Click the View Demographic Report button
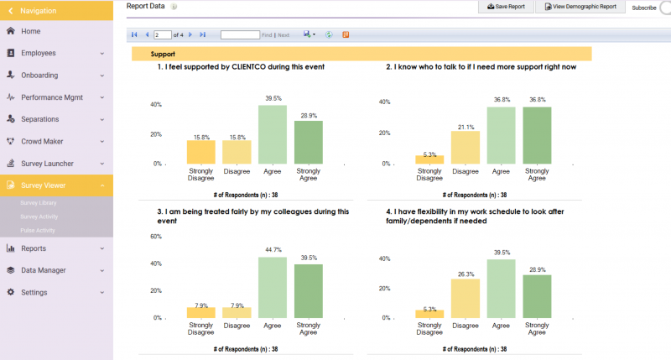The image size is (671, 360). (x=580, y=7)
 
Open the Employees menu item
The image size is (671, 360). (x=39, y=53)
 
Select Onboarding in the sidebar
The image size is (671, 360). (x=39, y=75)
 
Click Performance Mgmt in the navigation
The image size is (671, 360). (x=53, y=97)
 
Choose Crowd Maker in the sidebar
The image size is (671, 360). (x=42, y=142)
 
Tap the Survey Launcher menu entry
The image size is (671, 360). (x=48, y=164)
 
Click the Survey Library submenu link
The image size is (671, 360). (x=39, y=203)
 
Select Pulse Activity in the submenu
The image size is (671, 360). (x=39, y=229)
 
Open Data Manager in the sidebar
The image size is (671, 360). (x=44, y=270)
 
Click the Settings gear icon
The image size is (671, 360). (x=11, y=293)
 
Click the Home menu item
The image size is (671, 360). (x=30, y=31)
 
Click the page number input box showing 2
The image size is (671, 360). (x=161, y=35)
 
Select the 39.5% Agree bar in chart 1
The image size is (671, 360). (x=272, y=134)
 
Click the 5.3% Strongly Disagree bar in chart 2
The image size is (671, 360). (x=429, y=159)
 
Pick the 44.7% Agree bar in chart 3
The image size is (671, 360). (x=272, y=288)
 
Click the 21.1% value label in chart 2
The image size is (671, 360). (x=465, y=127)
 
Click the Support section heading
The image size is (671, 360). (x=163, y=54)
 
